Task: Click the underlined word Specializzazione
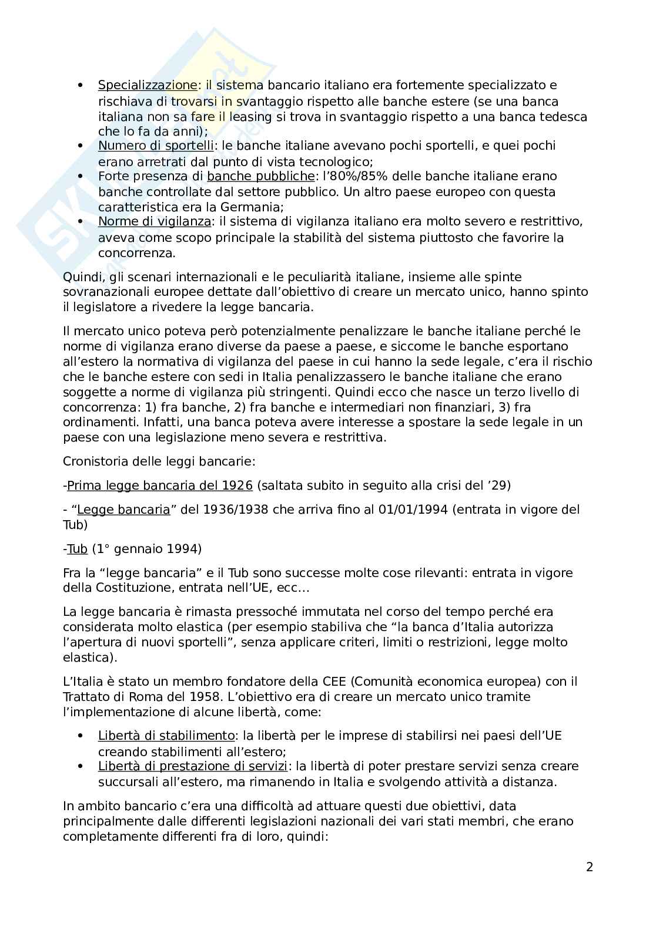coord(148,85)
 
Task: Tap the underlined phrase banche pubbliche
coord(261,176)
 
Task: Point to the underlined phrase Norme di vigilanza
coord(154,222)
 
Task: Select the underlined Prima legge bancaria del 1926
coord(160,486)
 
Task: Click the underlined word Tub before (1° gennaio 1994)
coord(78,549)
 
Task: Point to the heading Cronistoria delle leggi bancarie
coord(159,461)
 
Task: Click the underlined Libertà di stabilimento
coord(166,736)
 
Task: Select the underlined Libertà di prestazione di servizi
coord(193,766)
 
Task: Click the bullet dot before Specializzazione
coord(80,86)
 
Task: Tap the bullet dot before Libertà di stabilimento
coord(80,736)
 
